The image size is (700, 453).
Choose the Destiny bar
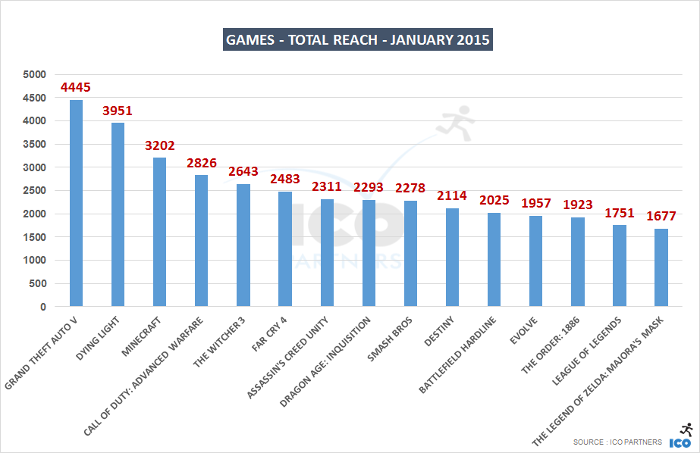(452, 258)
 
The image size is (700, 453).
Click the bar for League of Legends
(619, 266)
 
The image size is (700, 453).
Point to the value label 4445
(76, 88)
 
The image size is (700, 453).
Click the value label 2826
(202, 163)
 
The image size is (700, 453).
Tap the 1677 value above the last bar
(661, 216)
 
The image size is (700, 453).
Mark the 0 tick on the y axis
(43, 307)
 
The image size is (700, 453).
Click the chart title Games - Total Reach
(358, 39)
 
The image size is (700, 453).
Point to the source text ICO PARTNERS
(617, 442)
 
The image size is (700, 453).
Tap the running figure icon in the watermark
(457, 125)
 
